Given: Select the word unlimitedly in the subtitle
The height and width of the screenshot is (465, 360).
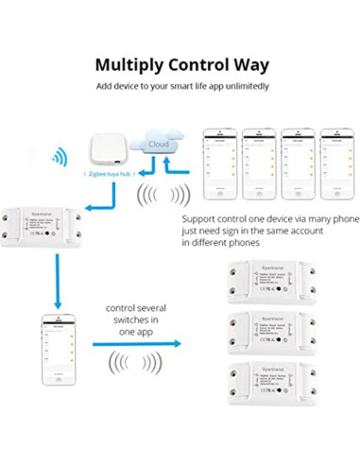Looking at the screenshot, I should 242,87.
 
